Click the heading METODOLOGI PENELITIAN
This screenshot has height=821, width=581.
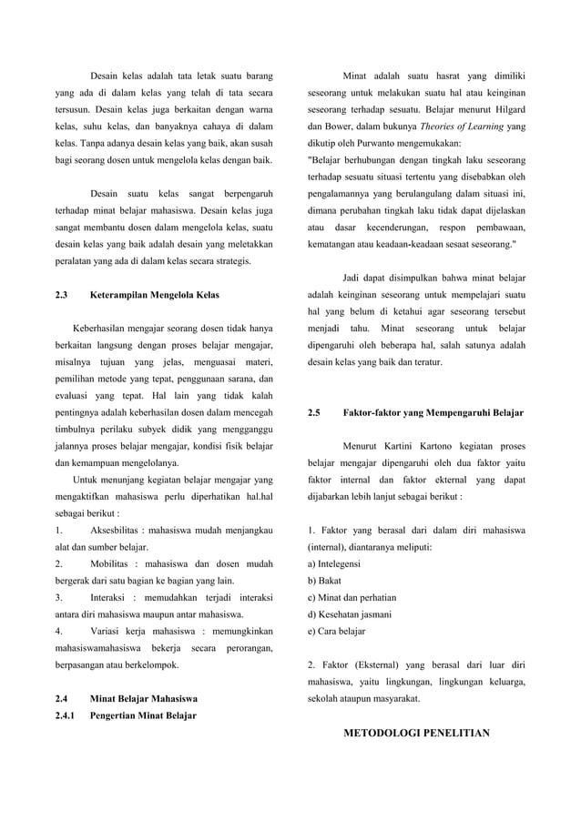click(x=416, y=732)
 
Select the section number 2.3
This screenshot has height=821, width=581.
click(x=63, y=295)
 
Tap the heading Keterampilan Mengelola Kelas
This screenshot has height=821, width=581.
click(x=155, y=295)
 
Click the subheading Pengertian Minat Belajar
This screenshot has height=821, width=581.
click(x=144, y=715)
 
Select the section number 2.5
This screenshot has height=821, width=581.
click(x=314, y=412)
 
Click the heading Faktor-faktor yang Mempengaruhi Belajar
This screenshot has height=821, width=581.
click(x=433, y=412)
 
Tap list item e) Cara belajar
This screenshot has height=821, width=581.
click(x=337, y=632)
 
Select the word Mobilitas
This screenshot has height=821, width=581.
click(x=115, y=563)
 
